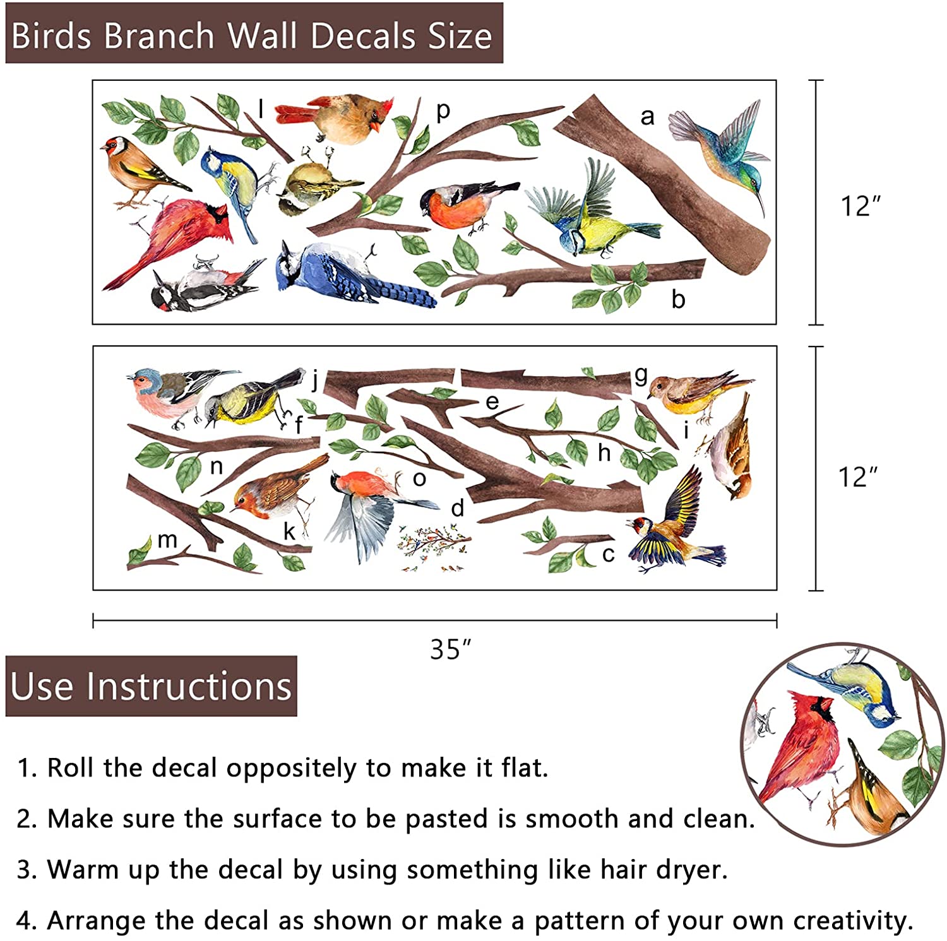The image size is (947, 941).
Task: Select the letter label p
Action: coord(443,110)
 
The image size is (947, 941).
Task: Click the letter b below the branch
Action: coord(678,299)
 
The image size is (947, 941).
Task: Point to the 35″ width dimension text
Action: coord(450,649)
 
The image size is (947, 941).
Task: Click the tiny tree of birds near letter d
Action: coord(434,548)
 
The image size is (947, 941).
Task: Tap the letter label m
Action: coord(167,540)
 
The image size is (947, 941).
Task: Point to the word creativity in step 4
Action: coord(852,920)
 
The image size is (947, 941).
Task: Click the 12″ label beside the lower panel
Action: coord(857,478)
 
